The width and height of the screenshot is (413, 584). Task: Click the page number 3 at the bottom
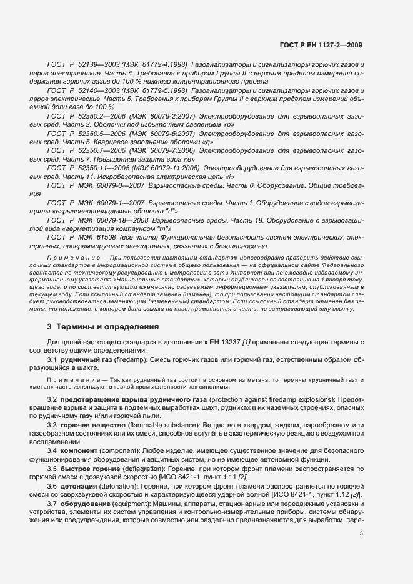pos(361,533)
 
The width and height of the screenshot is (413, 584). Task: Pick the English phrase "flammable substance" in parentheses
pos(161,424)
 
